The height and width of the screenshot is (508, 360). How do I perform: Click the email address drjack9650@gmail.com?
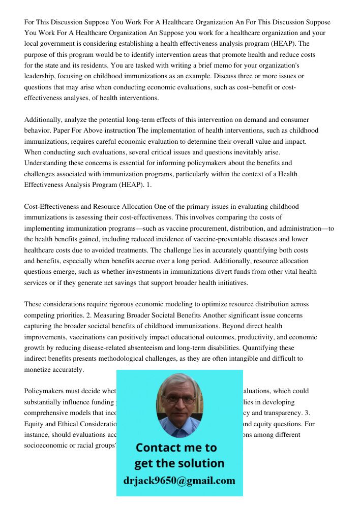[179, 481]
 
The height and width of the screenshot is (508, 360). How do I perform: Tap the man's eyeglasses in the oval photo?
[179, 400]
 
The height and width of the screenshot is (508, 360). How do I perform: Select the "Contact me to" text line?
[176, 448]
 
